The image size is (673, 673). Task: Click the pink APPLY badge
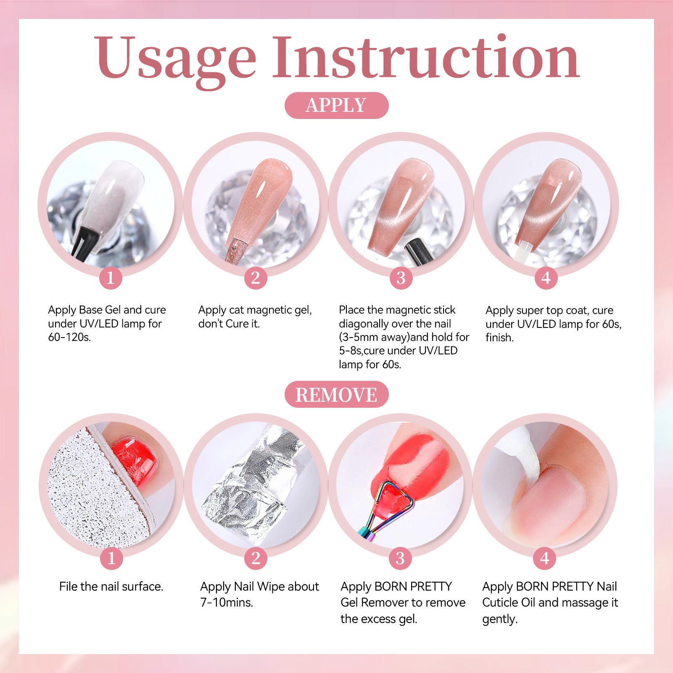tap(336, 105)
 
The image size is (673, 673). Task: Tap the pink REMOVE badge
tap(336, 394)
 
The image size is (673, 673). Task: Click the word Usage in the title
tap(175, 59)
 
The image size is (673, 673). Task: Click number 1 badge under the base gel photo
tap(111, 278)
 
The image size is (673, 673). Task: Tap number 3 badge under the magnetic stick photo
tap(401, 278)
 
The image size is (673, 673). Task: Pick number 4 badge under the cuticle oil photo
tap(545, 558)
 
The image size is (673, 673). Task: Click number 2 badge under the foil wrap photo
tap(256, 558)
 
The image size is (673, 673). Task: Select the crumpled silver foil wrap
tap(252, 483)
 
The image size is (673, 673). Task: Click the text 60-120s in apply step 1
tap(69, 337)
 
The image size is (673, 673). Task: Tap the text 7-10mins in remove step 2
tap(227, 602)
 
